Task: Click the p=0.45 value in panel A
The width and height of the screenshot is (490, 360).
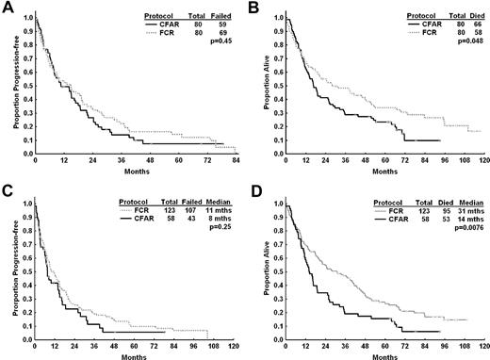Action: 221,41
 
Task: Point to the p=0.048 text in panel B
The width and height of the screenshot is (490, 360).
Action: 469,41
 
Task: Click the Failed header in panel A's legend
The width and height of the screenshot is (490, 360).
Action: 221,16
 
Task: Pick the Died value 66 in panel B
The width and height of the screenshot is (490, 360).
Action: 477,25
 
